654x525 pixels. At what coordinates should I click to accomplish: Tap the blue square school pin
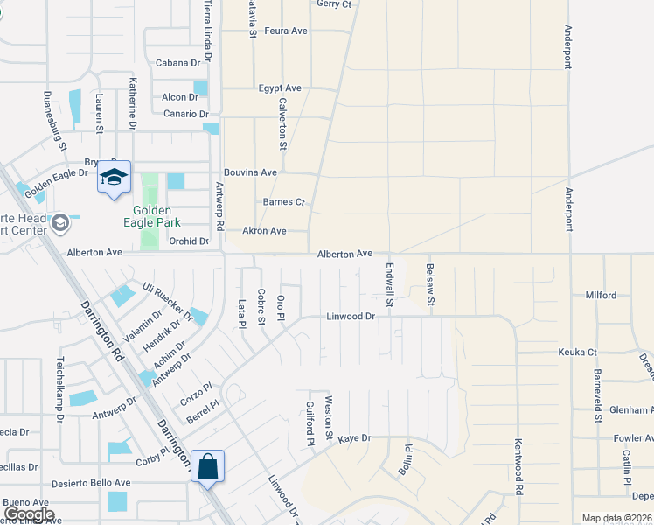point(114,178)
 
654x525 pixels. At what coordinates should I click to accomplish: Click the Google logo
point(29,514)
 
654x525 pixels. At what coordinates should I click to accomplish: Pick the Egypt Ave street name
point(280,88)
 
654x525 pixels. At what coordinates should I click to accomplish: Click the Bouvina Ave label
point(250,172)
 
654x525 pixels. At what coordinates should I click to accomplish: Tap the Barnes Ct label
point(283,202)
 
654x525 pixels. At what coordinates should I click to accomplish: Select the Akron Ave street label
point(264,231)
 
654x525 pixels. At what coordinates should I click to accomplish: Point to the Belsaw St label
point(430,284)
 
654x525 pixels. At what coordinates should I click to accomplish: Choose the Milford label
point(601,296)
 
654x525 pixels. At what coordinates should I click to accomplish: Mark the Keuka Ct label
point(577,353)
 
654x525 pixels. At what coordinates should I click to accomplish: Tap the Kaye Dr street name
point(355,437)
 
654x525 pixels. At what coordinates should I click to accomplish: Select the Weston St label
point(330,417)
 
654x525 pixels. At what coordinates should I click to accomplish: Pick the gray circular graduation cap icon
point(60,223)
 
